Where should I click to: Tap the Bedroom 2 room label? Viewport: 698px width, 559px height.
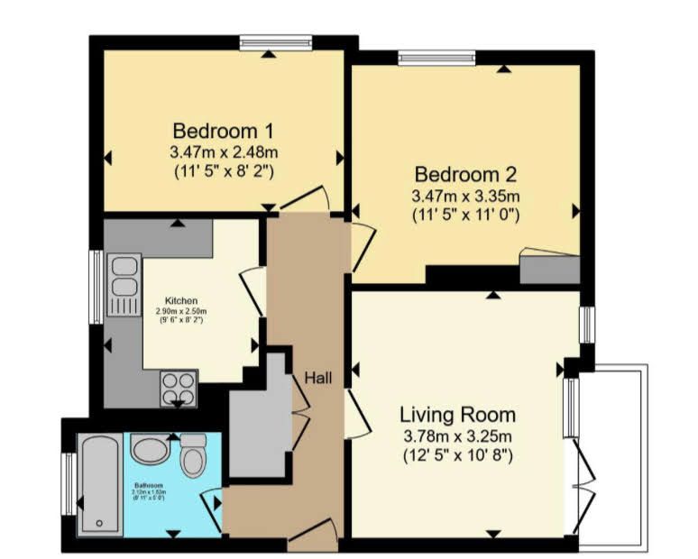[x=465, y=173]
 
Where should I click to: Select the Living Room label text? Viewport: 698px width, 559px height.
[x=458, y=415]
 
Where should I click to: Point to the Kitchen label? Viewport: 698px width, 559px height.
[x=180, y=300]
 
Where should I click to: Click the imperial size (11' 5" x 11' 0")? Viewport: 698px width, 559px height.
[x=465, y=215]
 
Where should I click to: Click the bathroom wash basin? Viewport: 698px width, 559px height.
[x=149, y=448]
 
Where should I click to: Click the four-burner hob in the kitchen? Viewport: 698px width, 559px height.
[x=179, y=389]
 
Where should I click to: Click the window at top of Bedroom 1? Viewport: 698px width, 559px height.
[x=275, y=42]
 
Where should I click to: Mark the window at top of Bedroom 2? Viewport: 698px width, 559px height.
[x=436, y=58]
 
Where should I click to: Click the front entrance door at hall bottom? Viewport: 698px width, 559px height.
[x=313, y=540]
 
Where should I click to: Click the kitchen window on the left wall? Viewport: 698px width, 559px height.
[x=95, y=287]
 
